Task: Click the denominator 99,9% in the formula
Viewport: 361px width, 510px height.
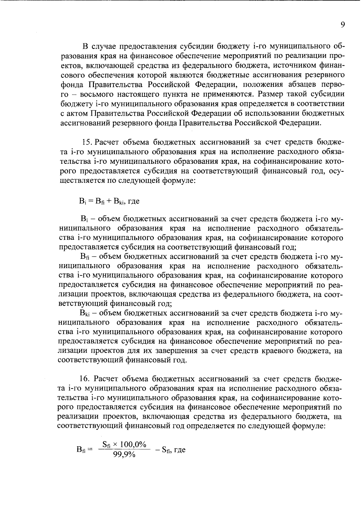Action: [124, 455]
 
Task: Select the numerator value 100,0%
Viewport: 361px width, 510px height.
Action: [134, 444]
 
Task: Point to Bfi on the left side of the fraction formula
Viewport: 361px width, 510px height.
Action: [81, 450]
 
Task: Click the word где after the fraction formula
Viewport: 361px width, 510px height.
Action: [180, 450]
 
